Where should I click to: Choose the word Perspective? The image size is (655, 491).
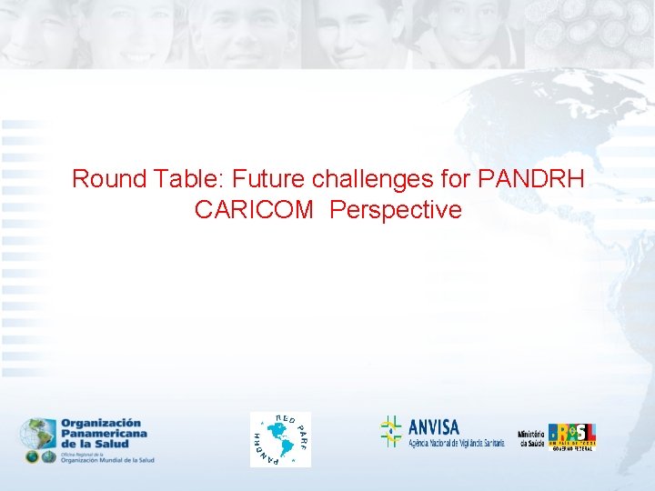[x=396, y=211]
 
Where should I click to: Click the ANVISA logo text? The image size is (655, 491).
[x=434, y=426]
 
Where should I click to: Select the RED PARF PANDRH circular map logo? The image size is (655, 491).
[x=280, y=439]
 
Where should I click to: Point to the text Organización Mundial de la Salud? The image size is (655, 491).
[x=107, y=459]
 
